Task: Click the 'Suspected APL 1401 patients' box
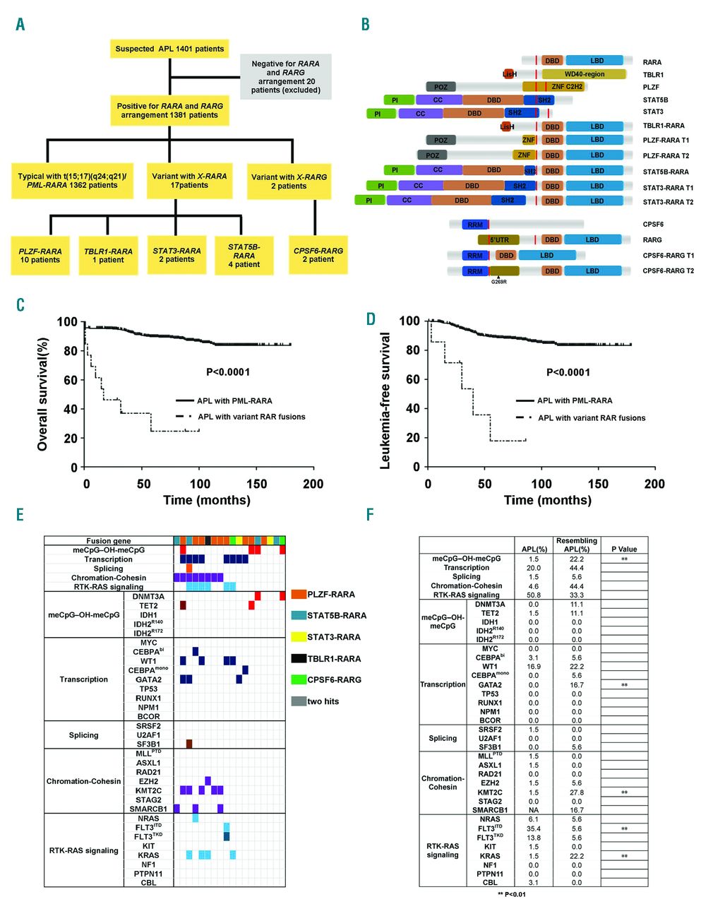pyautogui.click(x=169, y=49)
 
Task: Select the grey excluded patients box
pyautogui.click(x=285, y=76)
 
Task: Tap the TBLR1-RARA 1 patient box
pyautogui.click(x=108, y=255)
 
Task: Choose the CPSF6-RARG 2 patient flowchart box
pyautogui.click(x=318, y=255)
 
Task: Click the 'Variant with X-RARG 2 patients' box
pyautogui.click(x=289, y=182)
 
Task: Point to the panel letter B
pyautogui.click(x=365, y=25)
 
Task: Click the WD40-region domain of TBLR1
pyautogui.click(x=585, y=74)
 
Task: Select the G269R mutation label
pyautogui.click(x=498, y=282)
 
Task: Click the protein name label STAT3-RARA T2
pyautogui.click(x=668, y=202)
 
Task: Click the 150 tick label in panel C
pyautogui.click(x=256, y=484)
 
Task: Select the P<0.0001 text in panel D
pyautogui.click(x=568, y=372)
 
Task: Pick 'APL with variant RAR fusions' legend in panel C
pyautogui.click(x=251, y=417)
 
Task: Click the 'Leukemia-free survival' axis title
pyautogui.click(x=385, y=400)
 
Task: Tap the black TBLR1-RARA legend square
pyautogui.click(x=298, y=659)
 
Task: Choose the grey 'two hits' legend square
pyautogui.click(x=298, y=701)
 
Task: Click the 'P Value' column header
pyautogui.click(x=624, y=549)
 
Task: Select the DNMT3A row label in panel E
pyautogui.click(x=148, y=596)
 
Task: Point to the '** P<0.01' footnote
pyautogui.click(x=511, y=893)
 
